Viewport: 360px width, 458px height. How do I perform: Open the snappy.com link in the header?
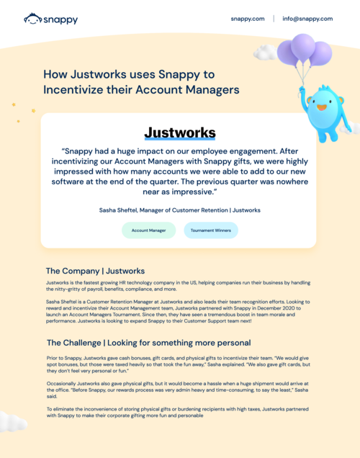coord(248,19)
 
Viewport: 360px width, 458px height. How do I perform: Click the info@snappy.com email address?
coord(307,19)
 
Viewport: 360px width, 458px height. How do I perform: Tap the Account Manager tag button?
coord(149,230)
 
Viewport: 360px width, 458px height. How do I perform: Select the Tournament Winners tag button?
coord(210,230)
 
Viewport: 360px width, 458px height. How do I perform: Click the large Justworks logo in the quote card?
coord(179,133)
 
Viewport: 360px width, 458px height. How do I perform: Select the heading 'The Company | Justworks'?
coord(95,271)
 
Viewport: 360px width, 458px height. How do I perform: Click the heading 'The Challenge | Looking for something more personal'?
coord(148,342)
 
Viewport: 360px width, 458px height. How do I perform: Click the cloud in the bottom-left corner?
coord(11,421)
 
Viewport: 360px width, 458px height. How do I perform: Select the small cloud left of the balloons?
coord(264,52)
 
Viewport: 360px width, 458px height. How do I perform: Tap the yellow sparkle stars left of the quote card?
coord(22,109)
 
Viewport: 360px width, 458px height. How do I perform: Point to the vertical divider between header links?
coord(274,19)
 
